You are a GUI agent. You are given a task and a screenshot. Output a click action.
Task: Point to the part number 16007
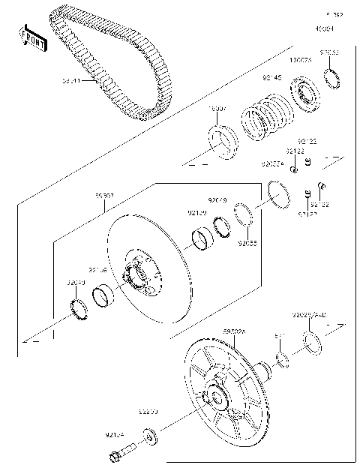(x=216, y=109)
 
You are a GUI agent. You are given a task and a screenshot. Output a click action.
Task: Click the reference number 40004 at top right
(x=324, y=28)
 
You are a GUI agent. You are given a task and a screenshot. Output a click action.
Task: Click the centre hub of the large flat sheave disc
(x=140, y=277)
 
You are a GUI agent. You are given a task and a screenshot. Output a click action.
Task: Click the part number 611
(x=279, y=337)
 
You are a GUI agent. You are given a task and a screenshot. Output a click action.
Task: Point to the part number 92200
(x=148, y=412)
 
